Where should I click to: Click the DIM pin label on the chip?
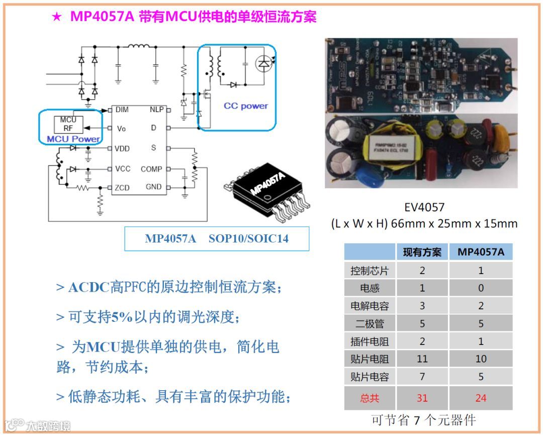click(x=122, y=109)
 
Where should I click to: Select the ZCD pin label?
click(x=122, y=188)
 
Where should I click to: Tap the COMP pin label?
click(x=151, y=169)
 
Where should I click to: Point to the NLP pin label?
click(x=156, y=109)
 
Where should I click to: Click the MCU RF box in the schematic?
click(x=68, y=124)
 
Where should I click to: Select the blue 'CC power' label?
click(x=246, y=106)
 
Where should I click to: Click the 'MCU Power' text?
click(x=73, y=139)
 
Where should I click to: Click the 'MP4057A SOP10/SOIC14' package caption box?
click(x=217, y=238)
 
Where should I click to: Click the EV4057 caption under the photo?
click(x=424, y=207)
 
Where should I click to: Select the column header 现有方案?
click(x=422, y=252)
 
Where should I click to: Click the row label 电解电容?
click(x=370, y=306)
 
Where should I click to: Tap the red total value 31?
click(x=422, y=398)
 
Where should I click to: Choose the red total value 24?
click(x=481, y=398)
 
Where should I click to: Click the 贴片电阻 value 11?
click(x=422, y=359)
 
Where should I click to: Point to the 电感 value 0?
click(x=481, y=288)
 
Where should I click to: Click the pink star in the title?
click(x=57, y=17)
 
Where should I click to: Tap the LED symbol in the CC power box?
click(x=263, y=63)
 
